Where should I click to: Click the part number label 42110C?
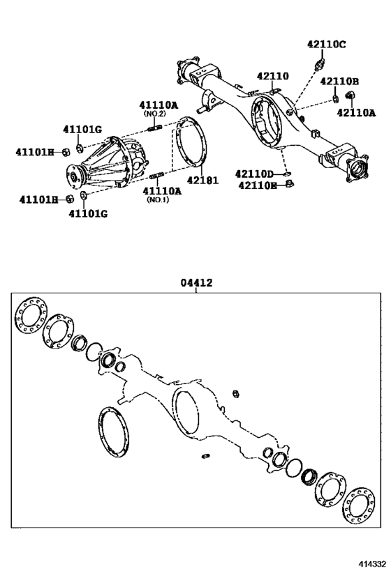(326, 45)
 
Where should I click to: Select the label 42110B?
(339, 81)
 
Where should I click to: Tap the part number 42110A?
(355, 112)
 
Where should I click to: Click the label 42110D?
(256, 174)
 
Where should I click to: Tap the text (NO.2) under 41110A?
(154, 113)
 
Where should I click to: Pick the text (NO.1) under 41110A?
(158, 200)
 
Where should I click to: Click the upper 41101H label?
(36, 151)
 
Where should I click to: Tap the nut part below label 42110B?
(334, 96)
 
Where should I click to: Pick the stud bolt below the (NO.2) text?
(156, 126)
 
